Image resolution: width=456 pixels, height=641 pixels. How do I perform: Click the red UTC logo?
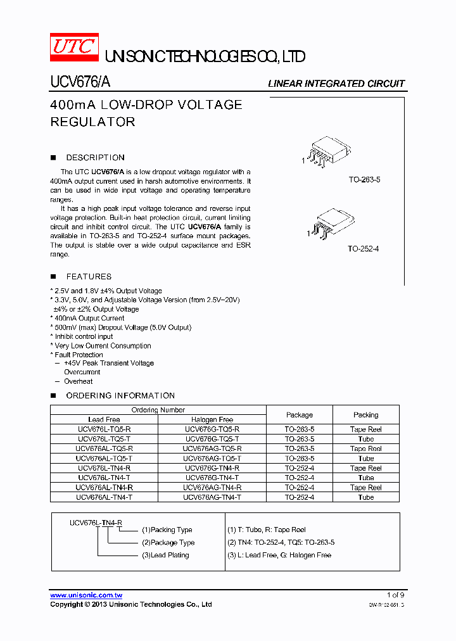pos(74,47)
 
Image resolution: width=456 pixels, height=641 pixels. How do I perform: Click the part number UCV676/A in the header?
pos(80,82)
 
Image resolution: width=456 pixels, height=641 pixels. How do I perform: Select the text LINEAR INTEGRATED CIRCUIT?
pos(336,84)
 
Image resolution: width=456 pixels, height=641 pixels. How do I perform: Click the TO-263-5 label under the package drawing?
pos(364,180)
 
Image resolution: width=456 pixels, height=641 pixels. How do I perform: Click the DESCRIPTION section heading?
pos(95,158)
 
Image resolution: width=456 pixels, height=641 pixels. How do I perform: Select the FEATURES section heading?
pos(89,277)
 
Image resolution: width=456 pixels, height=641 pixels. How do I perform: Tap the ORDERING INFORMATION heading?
pos(120,395)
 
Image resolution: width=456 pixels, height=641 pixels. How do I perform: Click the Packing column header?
pos(365,415)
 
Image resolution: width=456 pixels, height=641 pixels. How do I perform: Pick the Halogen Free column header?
pos(212,419)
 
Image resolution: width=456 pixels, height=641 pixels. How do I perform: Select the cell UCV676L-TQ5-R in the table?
pos(104,429)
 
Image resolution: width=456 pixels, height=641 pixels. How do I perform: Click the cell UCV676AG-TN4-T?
pos(212,497)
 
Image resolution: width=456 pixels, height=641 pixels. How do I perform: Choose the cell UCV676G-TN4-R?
pos(212,468)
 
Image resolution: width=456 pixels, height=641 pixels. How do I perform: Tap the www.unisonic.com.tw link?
pos(86,595)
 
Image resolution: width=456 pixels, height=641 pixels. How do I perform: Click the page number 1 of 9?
pos(395,595)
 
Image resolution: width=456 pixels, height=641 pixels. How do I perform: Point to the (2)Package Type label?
pos(168,543)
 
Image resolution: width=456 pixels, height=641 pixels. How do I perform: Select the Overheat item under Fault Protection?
pos(78,381)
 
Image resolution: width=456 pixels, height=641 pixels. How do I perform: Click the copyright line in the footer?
pos(131,605)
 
